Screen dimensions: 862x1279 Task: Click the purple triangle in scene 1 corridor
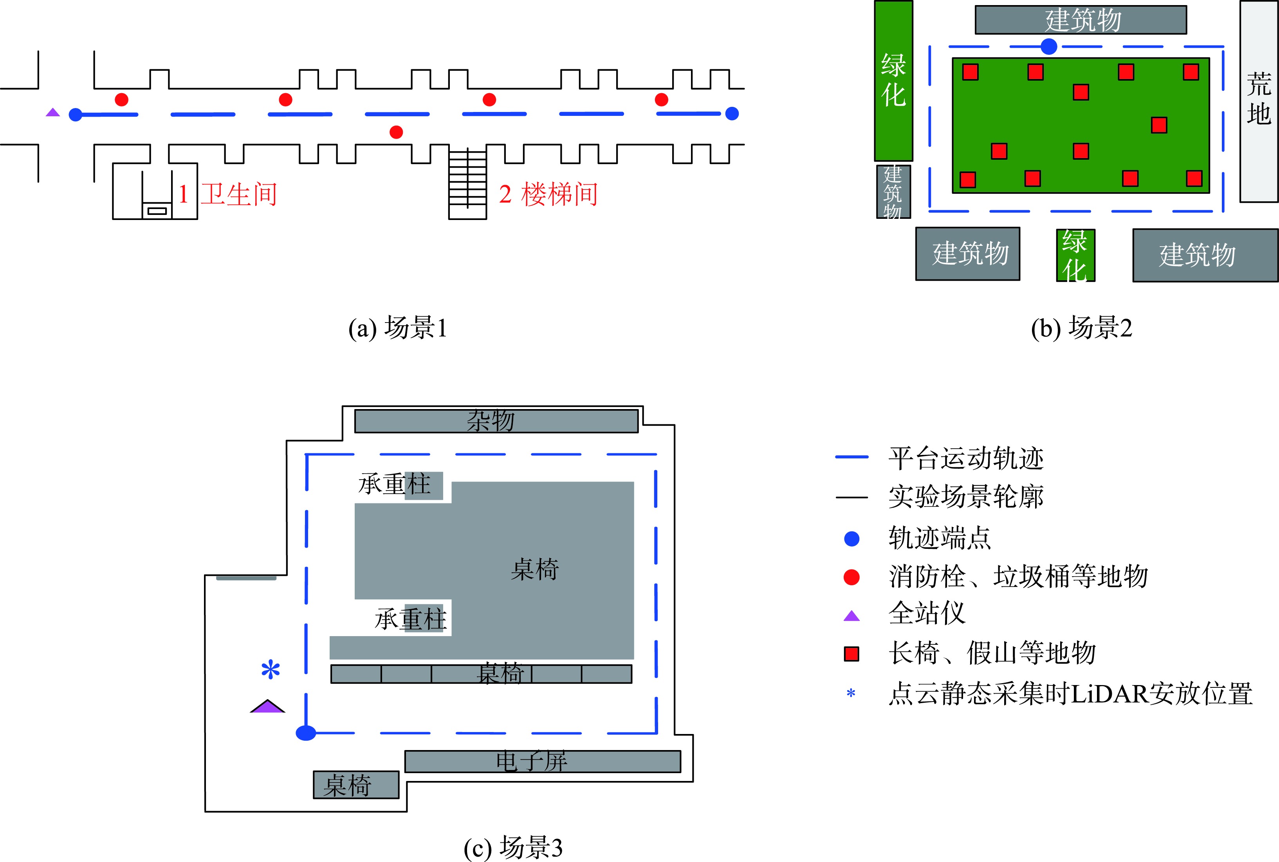point(53,113)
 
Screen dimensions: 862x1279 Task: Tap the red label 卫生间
point(238,195)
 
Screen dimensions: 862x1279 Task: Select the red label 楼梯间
point(559,195)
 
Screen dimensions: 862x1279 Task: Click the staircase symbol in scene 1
point(467,184)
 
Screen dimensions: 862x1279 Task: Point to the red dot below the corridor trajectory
point(396,132)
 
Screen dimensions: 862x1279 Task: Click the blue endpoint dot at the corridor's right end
point(732,114)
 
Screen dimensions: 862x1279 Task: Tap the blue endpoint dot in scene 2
point(1049,47)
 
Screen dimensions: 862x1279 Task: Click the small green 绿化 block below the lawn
point(1075,256)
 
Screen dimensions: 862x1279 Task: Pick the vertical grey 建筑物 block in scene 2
point(893,192)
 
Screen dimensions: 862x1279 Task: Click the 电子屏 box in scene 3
point(543,761)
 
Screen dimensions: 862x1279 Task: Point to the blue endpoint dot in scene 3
point(306,733)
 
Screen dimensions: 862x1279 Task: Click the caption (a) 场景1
point(398,328)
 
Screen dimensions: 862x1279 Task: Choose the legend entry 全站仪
point(927,613)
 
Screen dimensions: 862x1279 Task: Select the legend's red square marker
point(851,654)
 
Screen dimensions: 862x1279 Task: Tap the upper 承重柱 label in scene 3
point(395,484)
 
